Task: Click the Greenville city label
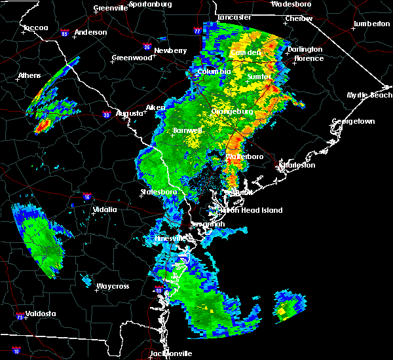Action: [x=109, y=9]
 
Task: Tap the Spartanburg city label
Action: [x=150, y=4]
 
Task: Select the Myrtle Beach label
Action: [x=369, y=96]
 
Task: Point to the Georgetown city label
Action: [x=353, y=122]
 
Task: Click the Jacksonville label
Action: [x=171, y=353]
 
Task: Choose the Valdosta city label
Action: [x=37, y=314]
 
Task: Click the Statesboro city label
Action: [x=159, y=192]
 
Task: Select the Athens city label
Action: [x=29, y=75]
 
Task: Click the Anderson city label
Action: [x=90, y=32]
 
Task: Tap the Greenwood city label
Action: [x=128, y=58]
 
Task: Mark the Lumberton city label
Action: [x=371, y=24]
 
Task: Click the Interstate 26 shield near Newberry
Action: [x=148, y=46]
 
